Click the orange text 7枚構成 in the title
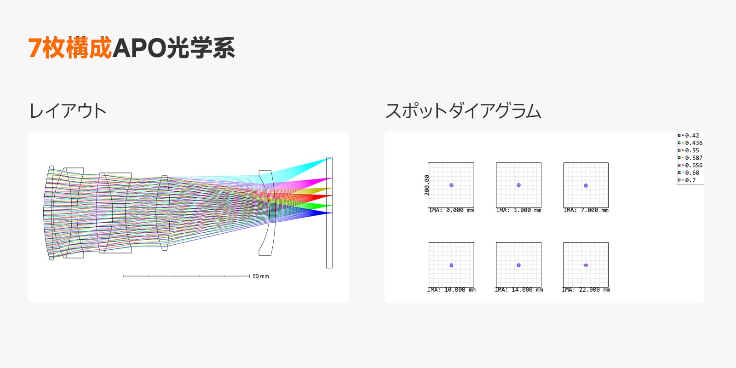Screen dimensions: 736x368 pos(70,48)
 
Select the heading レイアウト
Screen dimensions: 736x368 pos(68,111)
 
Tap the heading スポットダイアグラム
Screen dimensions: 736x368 pos(463,111)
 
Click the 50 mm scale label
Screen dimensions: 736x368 pos(260,276)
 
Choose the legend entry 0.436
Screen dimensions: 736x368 pos(690,143)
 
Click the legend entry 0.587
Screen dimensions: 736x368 pos(690,158)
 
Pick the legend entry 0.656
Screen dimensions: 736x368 pos(690,165)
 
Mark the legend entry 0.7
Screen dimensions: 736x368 pos(687,180)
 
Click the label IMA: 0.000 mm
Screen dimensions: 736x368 pos(451,210)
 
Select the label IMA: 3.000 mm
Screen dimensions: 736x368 pos(519,210)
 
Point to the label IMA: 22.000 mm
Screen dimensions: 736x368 pos(586,290)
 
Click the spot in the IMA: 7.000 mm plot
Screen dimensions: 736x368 pos(586,186)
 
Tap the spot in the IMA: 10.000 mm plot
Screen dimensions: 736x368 pos(451,265)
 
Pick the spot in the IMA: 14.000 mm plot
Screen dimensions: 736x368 pos(519,265)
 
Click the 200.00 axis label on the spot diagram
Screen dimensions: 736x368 pos(427,185)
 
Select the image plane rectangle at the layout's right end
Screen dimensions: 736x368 pos(329,213)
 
